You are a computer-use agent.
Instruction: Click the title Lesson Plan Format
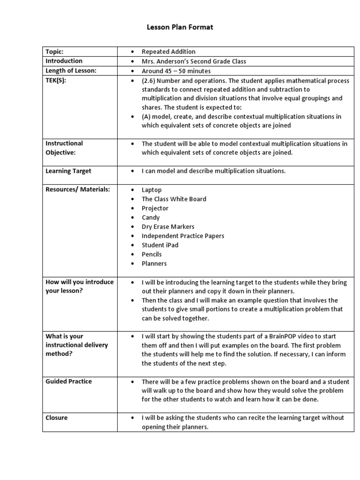pyautogui.click(x=180, y=27)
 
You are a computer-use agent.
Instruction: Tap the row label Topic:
pyautogui.click(x=54, y=52)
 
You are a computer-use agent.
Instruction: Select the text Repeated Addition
pyautogui.click(x=168, y=52)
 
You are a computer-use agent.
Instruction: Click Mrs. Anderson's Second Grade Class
pyautogui.click(x=194, y=61)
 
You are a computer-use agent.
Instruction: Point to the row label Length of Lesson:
pyautogui.click(x=71, y=70)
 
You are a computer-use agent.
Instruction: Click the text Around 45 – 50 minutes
pyautogui.click(x=176, y=71)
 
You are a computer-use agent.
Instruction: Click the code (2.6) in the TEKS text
pyautogui.click(x=150, y=81)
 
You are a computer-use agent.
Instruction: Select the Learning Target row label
pyautogui.click(x=68, y=171)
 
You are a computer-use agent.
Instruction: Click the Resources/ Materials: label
pyautogui.click(x=78, y=189)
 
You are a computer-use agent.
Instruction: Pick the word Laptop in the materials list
pyautogui.click(x=151, y=190)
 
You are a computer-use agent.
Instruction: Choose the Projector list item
pyautogui.click(x=155, y=208)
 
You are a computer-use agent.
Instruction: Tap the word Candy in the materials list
pyautogui.click(x=150, y=217)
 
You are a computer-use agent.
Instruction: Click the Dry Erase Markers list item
pyautogui.click(x=168, y=226)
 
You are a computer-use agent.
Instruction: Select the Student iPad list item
pyautogui.click(x=160, y=245)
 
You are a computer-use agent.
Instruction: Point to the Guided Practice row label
pyautogui.click(x=68, y=382)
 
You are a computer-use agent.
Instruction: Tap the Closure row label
pyautogui.click(x=56, y=418)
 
